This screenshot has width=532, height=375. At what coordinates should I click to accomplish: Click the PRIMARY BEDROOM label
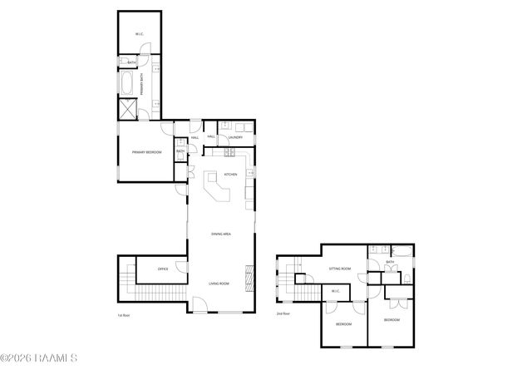tap(146, 153)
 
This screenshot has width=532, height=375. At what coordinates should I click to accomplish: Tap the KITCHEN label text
tap(230, 175)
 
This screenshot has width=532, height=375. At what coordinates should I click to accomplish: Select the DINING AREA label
tap(220, 234)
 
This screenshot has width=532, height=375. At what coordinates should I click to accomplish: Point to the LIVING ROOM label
tap(219, 284)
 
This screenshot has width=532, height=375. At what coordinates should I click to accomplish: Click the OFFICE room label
tap(163, 269)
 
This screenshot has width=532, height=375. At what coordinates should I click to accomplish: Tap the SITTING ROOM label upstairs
tap(340, 269)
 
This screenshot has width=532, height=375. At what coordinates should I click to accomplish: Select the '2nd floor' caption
tap(283, 314)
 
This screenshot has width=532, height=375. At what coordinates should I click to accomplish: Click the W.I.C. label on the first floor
tap(140, 34)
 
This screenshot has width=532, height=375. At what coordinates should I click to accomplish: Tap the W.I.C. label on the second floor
tap(335, 291)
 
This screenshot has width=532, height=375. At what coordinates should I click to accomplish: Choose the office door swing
tap(181, 268)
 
